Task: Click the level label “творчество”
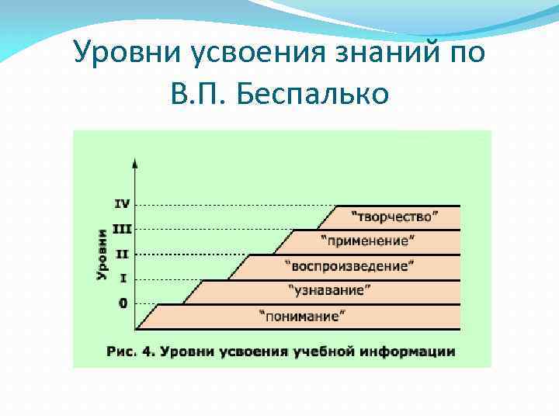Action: pyautogui.click(x=395, y=215)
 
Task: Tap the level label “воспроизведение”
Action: pyautogui.click(x=351, y=265)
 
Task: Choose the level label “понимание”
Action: pyautogui.click(x=304, y=316)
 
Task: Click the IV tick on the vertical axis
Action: pyautogui.click(x=122, y=204)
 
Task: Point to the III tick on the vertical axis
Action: pyautogui.click(x=122, y=229)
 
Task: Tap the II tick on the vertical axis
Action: pyautogui.click(x=123, y=254)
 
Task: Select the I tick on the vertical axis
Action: pyautogui.click(x=123, y=279)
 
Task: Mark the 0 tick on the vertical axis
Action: pyautogui.click(x=123, y=303)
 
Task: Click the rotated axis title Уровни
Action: pyautogui.click(x=102, y=254)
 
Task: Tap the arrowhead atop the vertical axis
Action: pyautogui.click(x=136, y=163)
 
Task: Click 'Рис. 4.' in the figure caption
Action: pyautogui.click(x=130, y=351)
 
